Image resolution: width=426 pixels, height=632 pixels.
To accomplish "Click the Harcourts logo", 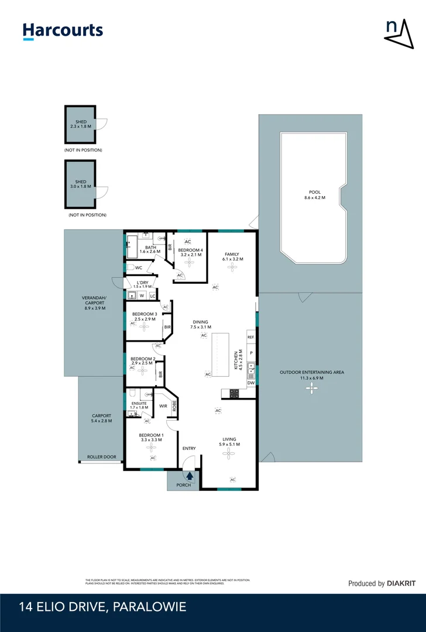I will [x=63, y=31].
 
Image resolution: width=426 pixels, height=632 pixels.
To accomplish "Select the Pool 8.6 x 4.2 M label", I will [x=315, y=195].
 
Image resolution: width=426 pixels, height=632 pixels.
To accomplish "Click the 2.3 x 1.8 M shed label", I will [x=81, y=124].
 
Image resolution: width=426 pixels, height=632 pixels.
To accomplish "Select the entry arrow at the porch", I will [x=190, y=476].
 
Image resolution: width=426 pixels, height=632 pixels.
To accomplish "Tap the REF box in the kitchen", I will [x=250, y=338].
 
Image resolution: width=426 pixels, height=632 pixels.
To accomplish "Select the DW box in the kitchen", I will [x=250, y=383].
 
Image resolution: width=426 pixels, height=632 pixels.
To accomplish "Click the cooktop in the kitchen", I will [x=234, y=394].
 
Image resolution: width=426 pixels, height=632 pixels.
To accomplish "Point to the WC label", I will [x=139, y=268].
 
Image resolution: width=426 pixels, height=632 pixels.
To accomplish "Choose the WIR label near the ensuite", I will [x=163, y=406].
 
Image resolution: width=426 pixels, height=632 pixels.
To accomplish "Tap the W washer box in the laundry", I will [x=141, y=296].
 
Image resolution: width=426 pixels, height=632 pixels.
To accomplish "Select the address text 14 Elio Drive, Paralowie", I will [x=102, y=607].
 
